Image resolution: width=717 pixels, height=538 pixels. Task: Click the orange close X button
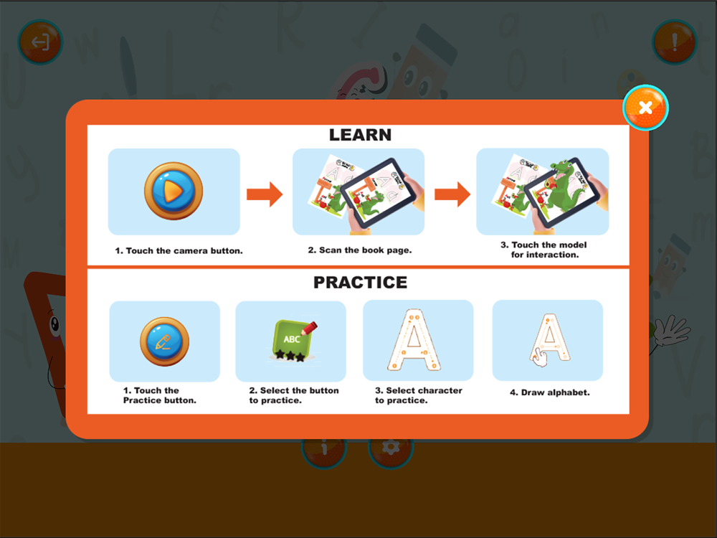[x=645, y=108]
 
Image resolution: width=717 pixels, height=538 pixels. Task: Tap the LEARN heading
[x=361, y=135]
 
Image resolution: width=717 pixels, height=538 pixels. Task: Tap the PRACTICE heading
[x=361, y=282]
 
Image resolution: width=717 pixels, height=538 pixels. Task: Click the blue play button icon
[x=174, y=191]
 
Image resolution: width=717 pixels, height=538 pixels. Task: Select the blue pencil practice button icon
[x=164, y=341]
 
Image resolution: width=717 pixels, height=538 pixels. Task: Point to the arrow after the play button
[x=265, y=194]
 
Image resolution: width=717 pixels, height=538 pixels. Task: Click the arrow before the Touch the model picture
[x=452, y=194]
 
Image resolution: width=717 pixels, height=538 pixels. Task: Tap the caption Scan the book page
[x=360, y=250]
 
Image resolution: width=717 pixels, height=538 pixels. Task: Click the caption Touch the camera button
[x=179, y=250]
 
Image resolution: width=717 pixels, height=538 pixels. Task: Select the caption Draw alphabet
[x=550, y=392]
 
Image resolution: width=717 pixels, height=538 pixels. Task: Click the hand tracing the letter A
[x=540, y=357]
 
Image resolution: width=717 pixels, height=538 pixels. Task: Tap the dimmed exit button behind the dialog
[x=40, y=42]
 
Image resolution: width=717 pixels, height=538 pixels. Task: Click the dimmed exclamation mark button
[x=675, y=42]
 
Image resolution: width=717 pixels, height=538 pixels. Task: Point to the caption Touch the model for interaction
[x=544, y=250]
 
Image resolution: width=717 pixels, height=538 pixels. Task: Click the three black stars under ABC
[x=290, y=356]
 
